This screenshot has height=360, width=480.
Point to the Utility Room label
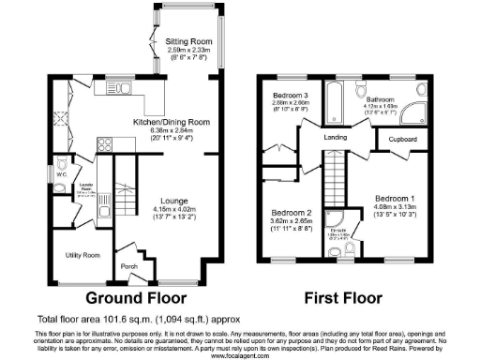82,254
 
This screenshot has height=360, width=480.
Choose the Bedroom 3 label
289,97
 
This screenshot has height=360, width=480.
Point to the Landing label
337,138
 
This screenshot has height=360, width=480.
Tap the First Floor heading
343,299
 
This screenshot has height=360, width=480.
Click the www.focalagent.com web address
240,355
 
